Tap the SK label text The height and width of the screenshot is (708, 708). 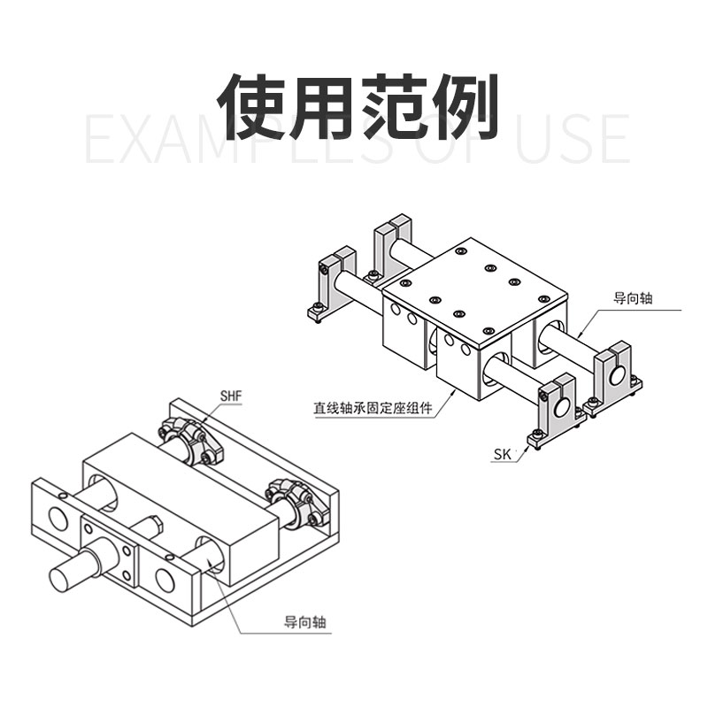pos(503,455)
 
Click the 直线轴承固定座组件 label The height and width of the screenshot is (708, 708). pos(372,409)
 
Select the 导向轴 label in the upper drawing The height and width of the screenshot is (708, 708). pos(632,299)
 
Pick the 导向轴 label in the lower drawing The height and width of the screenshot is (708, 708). pos(305,622)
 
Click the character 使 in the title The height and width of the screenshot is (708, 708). pos(256,106)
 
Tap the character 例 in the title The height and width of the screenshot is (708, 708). pos(463,106)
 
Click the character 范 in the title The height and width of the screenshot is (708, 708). pos(394,106)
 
